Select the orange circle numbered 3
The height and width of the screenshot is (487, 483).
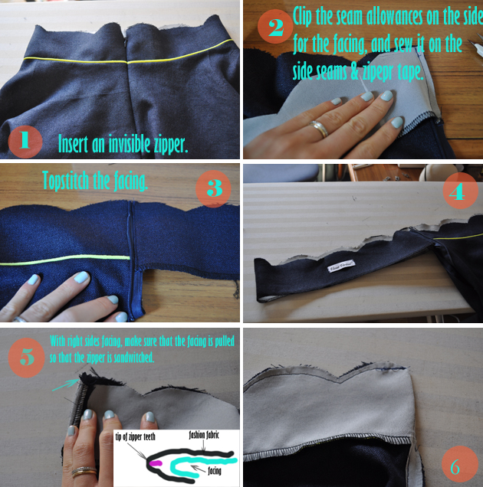[x=214, y=189]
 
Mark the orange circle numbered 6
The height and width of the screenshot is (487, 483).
[x=458, y=463]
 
